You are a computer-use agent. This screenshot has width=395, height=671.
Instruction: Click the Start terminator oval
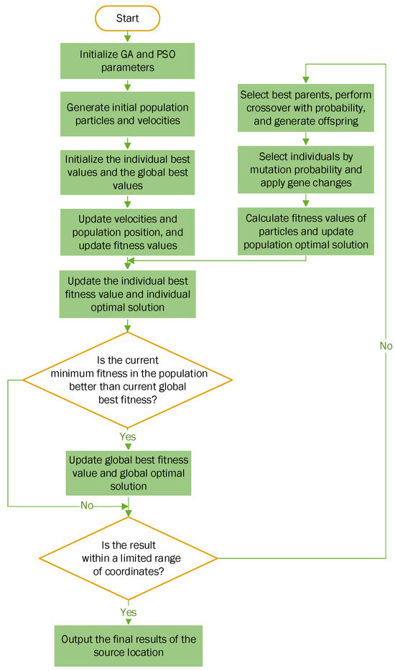click(128, 17)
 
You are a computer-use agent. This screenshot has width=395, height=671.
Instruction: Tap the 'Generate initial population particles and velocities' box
click(128, 115)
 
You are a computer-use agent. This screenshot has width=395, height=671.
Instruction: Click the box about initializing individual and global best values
click(128, 171)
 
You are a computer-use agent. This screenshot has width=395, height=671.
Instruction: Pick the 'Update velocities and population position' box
click(128, 226)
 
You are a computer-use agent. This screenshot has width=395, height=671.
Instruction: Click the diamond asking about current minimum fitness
click(128, 380)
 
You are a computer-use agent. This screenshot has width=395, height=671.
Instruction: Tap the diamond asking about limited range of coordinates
click(128, 558)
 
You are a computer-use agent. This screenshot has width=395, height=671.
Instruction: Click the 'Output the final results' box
click(128, 645)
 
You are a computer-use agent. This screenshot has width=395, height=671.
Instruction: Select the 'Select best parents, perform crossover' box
click(307, 108)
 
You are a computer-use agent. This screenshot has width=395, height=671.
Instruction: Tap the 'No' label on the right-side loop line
click(386, 346)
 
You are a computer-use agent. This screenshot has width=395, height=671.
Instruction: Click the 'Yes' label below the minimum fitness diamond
click(128, 436)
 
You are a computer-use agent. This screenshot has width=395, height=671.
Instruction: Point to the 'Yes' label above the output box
click(128, 611)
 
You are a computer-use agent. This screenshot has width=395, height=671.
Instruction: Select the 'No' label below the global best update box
click(87, 505)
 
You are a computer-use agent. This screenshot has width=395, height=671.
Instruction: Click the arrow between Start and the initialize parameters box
click(128, 34)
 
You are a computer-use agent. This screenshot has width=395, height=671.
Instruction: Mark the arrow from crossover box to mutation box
click(307, 140)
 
